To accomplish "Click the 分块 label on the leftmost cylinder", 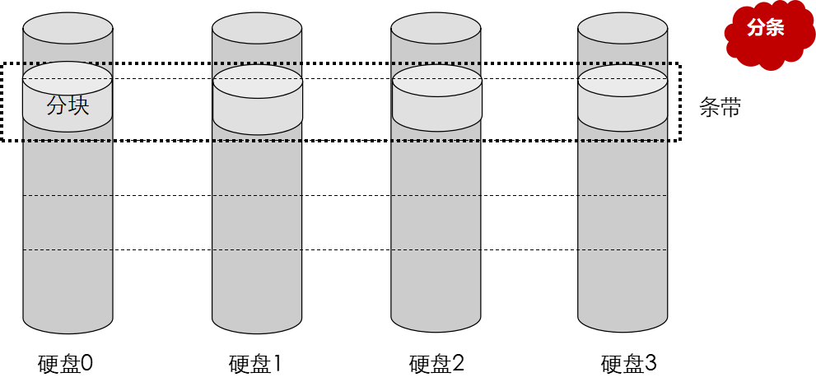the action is pos(68,105).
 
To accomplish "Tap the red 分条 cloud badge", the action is pos(767,28).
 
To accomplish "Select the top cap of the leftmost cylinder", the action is pos(68,28).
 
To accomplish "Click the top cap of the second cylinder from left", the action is pos(257,28).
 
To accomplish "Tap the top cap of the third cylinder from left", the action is pos(436,28).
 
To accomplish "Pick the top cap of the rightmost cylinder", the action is pos(622,28).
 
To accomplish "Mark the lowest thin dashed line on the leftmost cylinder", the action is pos(68,249).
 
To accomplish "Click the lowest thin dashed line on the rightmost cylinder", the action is pos(622,249).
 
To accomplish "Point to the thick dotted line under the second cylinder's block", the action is pos(257,141).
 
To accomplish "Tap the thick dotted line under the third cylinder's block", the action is pos(436,141).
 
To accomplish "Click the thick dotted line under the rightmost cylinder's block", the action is pos(622,141).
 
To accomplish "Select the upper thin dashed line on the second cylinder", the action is pos(257,195).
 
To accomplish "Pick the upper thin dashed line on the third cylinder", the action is pos(436,195).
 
